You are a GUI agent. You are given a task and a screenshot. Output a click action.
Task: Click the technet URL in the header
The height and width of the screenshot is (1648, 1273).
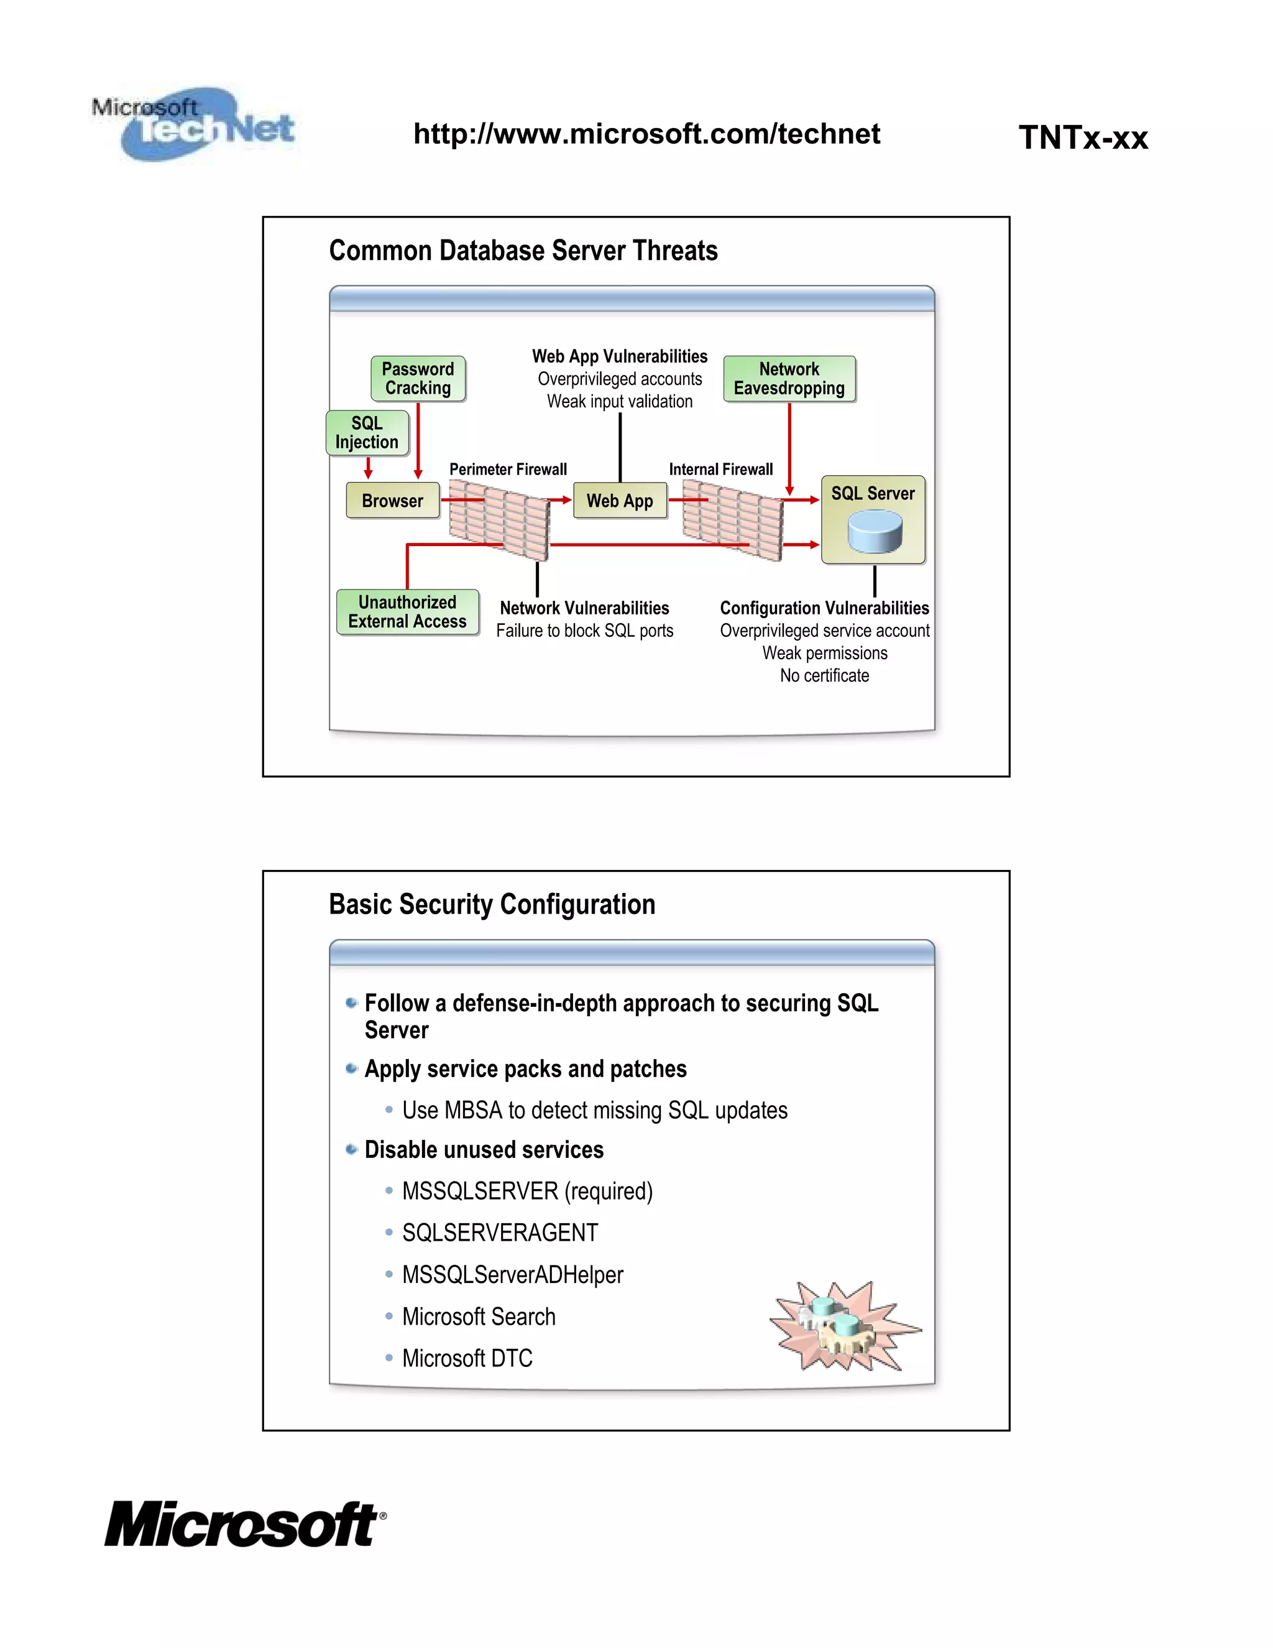(646, 134)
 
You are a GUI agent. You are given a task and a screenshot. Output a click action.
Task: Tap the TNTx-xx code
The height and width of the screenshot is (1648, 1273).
(1083, 138)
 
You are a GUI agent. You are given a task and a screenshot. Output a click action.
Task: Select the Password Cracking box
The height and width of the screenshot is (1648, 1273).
(418, 379)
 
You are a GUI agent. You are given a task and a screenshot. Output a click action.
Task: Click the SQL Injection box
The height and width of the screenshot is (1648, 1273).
(367, 433)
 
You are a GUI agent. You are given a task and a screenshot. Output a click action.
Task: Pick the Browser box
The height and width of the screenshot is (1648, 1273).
(392, 501)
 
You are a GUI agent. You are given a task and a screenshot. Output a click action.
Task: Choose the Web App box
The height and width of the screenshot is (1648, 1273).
(620, 501)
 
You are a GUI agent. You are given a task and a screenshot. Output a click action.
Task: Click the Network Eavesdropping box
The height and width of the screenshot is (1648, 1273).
(789, 379)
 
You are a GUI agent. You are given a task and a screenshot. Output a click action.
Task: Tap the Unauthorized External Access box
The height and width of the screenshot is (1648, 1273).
(407, 612)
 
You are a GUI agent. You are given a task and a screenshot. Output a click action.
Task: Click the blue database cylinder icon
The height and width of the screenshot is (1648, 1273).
(875, 531)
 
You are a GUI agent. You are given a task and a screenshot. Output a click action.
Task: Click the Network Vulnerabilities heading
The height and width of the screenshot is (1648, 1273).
(584, 608)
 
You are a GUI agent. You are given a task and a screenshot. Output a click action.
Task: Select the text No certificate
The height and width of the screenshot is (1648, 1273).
(824, 676)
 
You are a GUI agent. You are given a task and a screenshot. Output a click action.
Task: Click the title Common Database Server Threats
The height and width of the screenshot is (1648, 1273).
(523, 251)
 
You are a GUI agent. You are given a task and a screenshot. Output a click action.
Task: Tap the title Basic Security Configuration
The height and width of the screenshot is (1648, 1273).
(492, 905)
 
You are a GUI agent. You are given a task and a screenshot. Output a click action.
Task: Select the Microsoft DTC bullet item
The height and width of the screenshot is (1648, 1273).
(467, 1359)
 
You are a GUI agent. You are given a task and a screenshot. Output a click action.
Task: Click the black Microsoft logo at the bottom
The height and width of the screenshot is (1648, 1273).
(244, 1525)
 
